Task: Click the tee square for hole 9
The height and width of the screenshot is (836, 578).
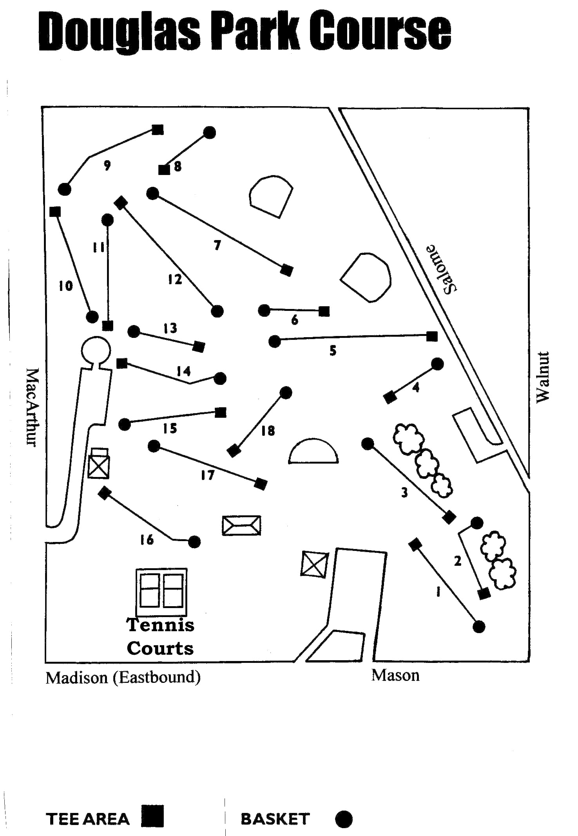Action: pyautogui.click(x=158, y=130)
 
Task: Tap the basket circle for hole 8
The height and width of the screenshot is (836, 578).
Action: pyautogui.click(x=210, y=133)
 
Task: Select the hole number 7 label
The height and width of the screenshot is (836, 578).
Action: pyautogui.click(x=217, y=245)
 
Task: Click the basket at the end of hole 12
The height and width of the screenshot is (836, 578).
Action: pyautogui.click(x=217, y=311)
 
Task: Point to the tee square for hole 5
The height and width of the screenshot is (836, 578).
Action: pyautogui.click(x=432, y=336)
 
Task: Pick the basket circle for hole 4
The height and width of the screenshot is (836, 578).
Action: pyautogui.click(x=437, y=364)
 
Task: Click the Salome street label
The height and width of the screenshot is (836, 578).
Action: pyautogui.click(x=442, y=269)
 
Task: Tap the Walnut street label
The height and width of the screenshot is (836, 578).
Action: pyautogui.click(x=543, y=377)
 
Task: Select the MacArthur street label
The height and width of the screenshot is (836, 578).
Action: pyautogui.click(x=32, y=407)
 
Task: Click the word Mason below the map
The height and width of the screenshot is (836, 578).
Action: pyautogui.click(x=395, y=675)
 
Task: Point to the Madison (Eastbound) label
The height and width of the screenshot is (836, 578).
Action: pyautogui.click(x=123, y=677)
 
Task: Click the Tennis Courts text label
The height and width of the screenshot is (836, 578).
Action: pyautogui.click(x=160, y=636)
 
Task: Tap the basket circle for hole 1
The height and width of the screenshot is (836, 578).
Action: pyautogui.click(x=479, y=627)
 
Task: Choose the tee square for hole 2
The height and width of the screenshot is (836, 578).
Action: pyautogui.click(x=484, y=594)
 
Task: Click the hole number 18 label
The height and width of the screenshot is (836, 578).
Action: pyautogui.click(x=268, y=431)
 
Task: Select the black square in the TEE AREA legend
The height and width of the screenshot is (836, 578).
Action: pyautogui.click(x=152, y=816)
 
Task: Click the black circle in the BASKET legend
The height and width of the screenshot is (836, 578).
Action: pyautogui.click(x=344, y=819)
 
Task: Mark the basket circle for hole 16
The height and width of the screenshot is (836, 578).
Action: pyautogui.click(x=194, y=542)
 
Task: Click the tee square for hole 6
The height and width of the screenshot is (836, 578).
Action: pyautogui.click(x=324, y=311)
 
